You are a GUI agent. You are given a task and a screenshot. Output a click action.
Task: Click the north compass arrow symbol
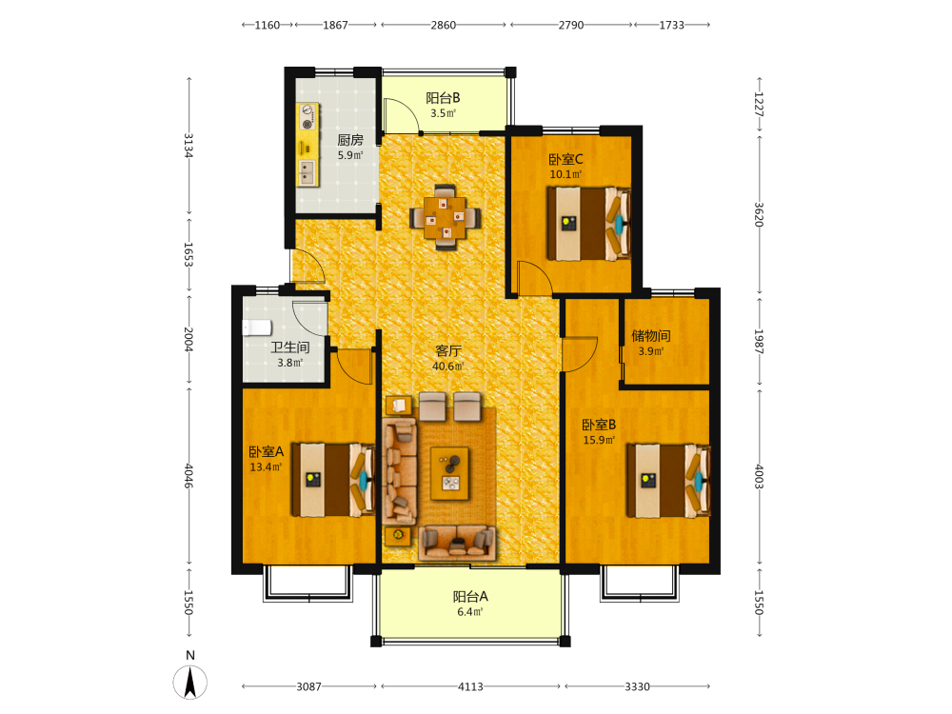[x=190, y=682]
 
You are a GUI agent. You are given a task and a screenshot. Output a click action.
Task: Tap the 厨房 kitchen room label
[x=350, y=140]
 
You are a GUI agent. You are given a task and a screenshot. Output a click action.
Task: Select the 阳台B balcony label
[x=443, y=98]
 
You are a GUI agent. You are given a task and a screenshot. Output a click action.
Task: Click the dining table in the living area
[x=446, y=217]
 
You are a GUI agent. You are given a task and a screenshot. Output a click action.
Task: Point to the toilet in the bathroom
[x=257, y=327]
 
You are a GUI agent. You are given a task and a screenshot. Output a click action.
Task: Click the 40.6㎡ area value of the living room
[x=448, y=367]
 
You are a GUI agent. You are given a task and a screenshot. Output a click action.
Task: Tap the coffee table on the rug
[x=449, y=473]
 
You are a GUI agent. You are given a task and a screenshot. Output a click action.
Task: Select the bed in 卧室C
[x=589, y=224]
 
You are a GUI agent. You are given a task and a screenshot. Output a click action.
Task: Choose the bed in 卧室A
[x=332, y=480]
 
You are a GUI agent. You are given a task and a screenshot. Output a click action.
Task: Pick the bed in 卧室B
[x=668, y=480]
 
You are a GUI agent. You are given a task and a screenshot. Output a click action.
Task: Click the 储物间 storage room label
[x=651, y=336]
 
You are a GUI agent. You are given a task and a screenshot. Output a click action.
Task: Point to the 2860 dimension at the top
[x=444, y=25]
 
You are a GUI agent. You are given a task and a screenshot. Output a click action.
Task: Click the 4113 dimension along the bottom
[x=470, y=686]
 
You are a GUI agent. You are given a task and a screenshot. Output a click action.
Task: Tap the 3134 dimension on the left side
[x=188, y=146]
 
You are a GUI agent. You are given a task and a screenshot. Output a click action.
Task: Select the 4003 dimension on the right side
[x=759, y=477]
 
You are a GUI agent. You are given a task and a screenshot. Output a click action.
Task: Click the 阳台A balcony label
[x=470, y=597]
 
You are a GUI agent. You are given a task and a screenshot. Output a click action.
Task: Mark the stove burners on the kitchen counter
[x=307, y=117]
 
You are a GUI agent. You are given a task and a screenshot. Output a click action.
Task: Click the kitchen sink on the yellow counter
[x=307, y=173]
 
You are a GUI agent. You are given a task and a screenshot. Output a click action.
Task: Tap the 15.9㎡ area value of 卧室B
[x=599, y=440]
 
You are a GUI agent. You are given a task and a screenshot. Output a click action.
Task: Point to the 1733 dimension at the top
[x=671, y=25]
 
